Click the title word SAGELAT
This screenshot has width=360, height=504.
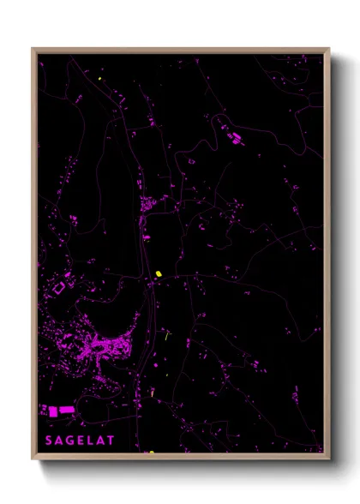tap(81, 441)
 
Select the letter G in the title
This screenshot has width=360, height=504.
tap(70, 441)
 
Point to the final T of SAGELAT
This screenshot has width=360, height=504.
tap(112, 441)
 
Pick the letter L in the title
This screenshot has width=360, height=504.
tap(92, 441)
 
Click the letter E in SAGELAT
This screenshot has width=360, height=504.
tap(81, 441)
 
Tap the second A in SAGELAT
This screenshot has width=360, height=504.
tap(102, 441)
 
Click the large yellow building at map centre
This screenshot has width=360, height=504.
tap(159, 274)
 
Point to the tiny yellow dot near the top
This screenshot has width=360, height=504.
tap(100, 80)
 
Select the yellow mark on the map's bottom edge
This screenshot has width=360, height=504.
tap(151, 452)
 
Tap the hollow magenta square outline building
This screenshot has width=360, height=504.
tap(59, 290)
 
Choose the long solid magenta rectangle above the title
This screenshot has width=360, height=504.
tap(65, 412)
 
